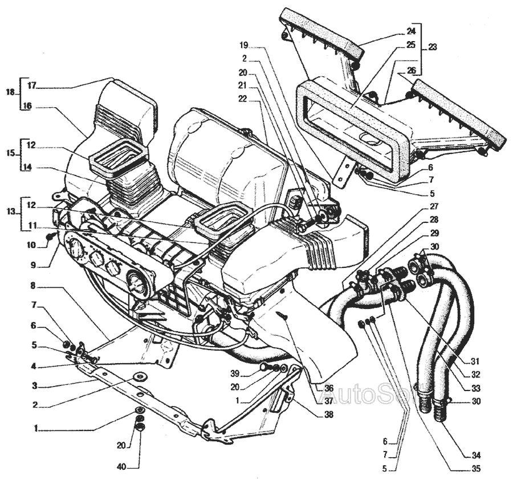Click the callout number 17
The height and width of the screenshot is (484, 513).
pos(31,86)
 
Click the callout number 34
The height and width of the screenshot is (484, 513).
pos(476,455)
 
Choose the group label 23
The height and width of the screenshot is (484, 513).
pos(433,48)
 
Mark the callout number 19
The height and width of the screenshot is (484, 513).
pos(244,44)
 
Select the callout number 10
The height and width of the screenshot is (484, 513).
pos(31,245)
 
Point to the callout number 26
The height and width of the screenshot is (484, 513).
pos(412,70)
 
